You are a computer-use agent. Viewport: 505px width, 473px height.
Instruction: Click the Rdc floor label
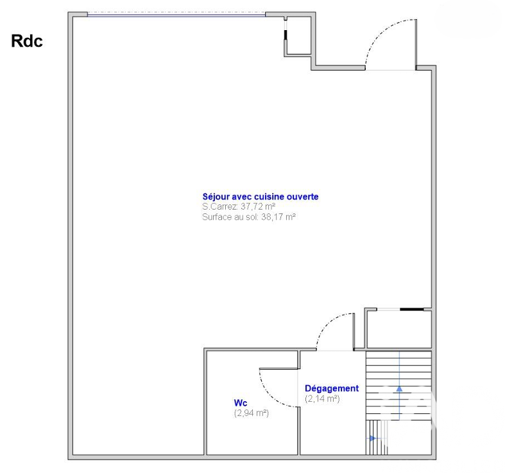pos(27,41)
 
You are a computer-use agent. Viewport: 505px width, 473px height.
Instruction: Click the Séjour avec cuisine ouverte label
pos(261,197)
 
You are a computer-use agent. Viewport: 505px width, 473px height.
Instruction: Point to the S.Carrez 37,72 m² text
pos(239,206)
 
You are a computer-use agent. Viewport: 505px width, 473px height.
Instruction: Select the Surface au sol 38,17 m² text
pos(249,217)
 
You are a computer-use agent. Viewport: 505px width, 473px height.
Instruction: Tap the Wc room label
pos(241,403)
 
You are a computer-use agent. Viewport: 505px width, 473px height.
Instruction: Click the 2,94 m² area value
pos(251,413)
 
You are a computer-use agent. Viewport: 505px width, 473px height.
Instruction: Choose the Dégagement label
pos(332,388)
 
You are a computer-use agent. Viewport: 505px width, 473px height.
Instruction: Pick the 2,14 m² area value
pos(322,399)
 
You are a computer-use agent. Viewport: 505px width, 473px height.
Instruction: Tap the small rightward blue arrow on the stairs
pos(373,438)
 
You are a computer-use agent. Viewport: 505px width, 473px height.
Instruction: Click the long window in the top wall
pos(176,14)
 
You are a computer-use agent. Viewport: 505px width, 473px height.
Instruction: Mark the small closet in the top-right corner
pos(298,35)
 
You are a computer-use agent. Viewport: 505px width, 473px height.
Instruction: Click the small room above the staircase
pos(398,329)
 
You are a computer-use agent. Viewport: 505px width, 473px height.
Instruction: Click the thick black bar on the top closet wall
pos(286,35)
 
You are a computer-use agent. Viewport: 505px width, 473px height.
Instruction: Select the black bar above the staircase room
pos(412,310)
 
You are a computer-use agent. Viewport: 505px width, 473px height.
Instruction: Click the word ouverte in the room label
pos(302,197)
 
